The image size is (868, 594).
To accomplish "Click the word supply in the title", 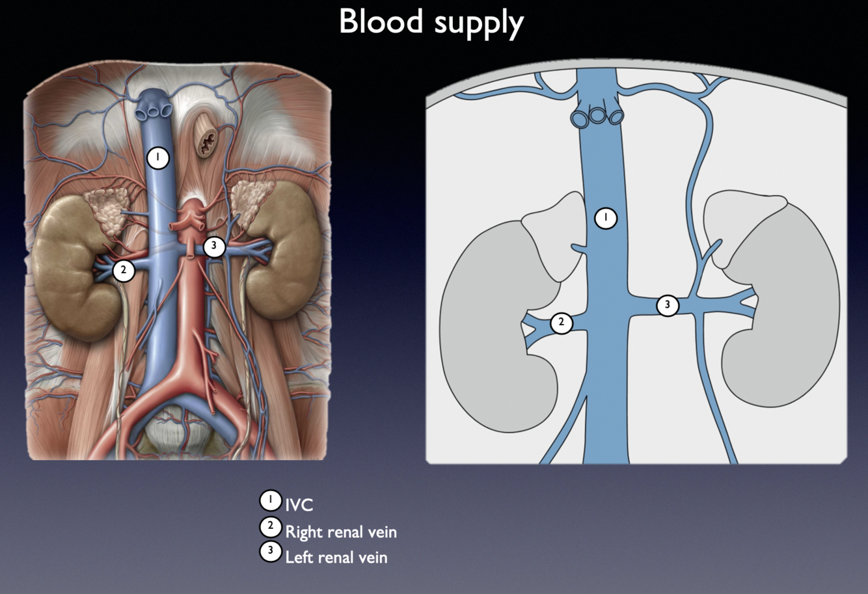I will pos(477,24).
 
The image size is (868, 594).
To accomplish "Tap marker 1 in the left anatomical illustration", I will pos(157,157).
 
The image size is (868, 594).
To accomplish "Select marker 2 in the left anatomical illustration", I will pos(124,270).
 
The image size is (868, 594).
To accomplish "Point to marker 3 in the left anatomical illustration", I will pos(214,247).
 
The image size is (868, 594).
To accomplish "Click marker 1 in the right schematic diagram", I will pos(606,217).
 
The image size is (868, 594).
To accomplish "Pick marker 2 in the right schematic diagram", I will pos(562,323).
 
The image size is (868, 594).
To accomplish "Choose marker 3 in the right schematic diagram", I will pos(667,304).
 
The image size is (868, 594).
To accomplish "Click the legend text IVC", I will pos(299,505).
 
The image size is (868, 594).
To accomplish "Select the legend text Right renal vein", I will pos(341,532).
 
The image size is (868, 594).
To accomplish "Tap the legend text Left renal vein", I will pos(336,558).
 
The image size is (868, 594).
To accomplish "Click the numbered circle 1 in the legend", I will pos(270,500).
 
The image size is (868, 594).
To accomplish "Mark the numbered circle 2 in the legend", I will pos(270,526).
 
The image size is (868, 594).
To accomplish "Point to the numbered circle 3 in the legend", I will pos(270,551).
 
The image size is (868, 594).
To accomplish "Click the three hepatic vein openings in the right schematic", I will pos(597,116).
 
